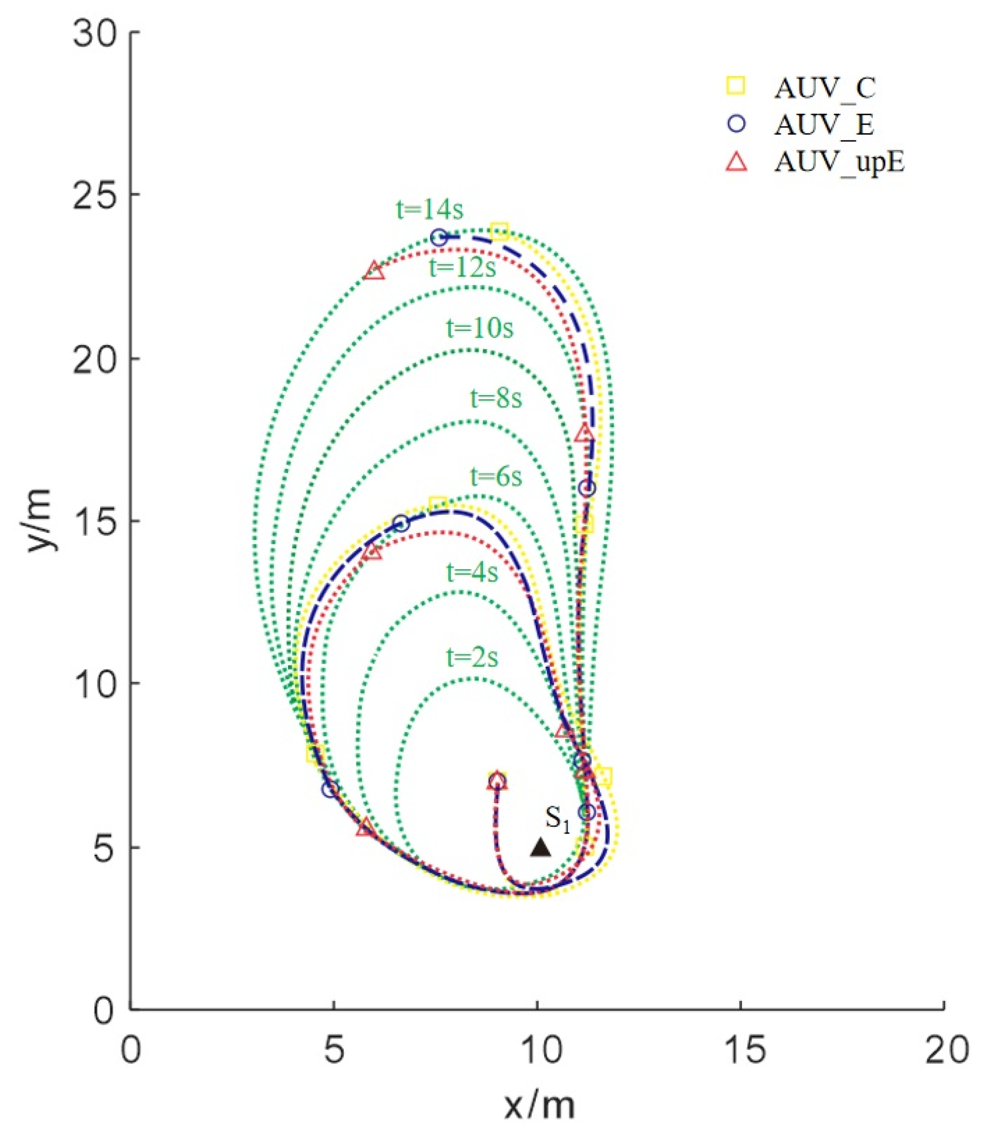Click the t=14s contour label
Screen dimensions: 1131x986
pyautogui.click(x=429, y=210)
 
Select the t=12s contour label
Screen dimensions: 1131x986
pyautogui.click(x=462, y=268)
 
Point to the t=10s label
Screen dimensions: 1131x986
pyautogui.click(x=479, y=328)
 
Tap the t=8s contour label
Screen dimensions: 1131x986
pyautogui.click(x=496, y=399)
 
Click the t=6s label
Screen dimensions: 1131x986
pyautogui.click(x=496, y=477)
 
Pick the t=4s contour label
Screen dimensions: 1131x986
pyautogui.click(x=472, y=573)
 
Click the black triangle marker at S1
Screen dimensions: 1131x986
pyautogui.click(x=540, y=847)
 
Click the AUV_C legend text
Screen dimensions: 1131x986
pyautogui.click(x=824, y=89)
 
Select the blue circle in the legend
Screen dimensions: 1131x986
pyautogui.click(x=736, y=124)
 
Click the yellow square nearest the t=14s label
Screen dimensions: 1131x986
pyautogui.click(x=499, y=231)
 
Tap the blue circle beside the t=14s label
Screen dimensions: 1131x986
pyautogui.click(x=438, y=238)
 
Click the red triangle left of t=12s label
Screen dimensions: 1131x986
pyautogui.click(x=375, y=270)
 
